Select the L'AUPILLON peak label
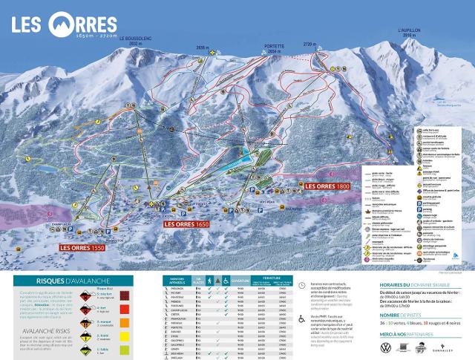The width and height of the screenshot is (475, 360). (409, 32)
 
